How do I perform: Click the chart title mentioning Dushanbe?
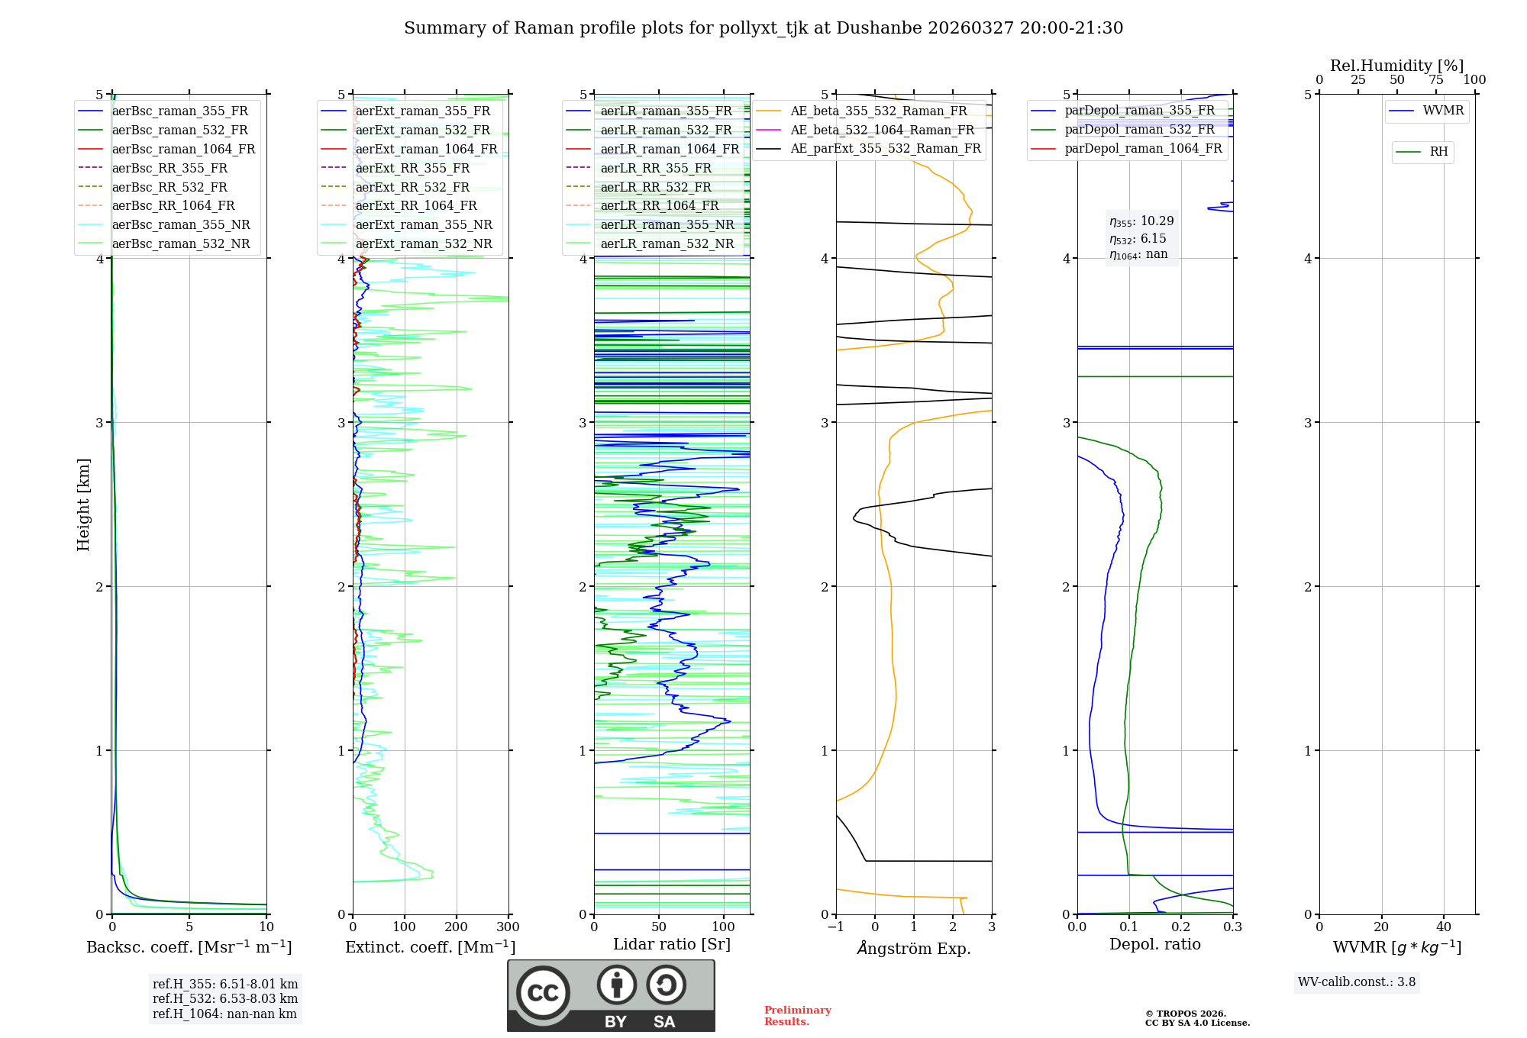coord(763,28)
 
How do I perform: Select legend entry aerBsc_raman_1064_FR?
coord(183,150)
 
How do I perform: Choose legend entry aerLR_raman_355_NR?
coord(667,224)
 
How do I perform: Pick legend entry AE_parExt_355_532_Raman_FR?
coord(886,148)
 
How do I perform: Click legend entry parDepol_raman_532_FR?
coord(1139,130)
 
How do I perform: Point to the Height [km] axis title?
coord(83,504)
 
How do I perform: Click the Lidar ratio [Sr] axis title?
coord(672,944)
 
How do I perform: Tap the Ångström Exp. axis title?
coord(914,948)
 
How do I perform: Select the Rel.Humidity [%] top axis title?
coord(1396,66)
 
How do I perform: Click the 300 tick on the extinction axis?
coord(508,927)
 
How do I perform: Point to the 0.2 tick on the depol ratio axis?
coord(1181,927)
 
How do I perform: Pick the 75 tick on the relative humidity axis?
coord(1436,80)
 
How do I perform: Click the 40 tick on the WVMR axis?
coord(1444,927)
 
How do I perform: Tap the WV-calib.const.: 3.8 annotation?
coord(1356,982)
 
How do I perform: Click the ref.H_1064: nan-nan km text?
coord(224,1014)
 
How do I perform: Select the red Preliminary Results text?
coord(797,1016)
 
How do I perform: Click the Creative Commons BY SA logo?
coord(611,995)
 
